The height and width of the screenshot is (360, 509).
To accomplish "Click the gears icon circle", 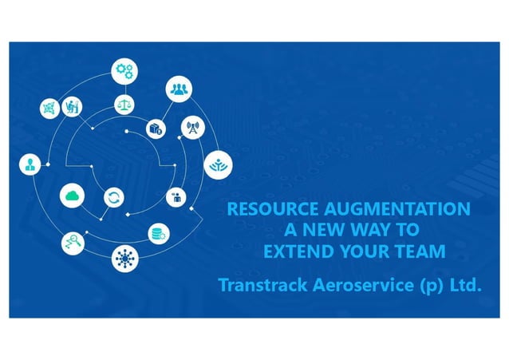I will pyautogui.click(x=124, y=70).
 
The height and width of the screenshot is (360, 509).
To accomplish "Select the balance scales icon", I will pyautogui.click(x=124, y=103).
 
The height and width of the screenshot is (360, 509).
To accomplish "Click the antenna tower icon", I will pyautogui.click(x=192, y=127).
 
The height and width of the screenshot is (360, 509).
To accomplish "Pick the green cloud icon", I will pyautogui.click(x=72, y=194).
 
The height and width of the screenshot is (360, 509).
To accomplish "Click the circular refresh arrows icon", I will pyautogui.click(x=114, y=196).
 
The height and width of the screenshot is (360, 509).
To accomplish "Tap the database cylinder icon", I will pyautogui.click(x=158, y=233).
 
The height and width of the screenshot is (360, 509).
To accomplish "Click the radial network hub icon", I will pyautogui.click(x=123, y=258).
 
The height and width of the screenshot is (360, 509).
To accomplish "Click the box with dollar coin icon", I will pyautogui.click(x=154, y=127).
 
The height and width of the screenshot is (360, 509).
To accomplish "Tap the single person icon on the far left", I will pyautogui.click(x=29, y=164).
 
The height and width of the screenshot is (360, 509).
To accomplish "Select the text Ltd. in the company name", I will pyautogui.click(x=466, y=285).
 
